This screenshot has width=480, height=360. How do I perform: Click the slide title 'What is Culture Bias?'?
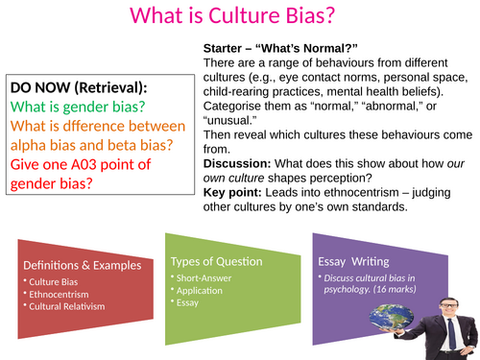[239, 16]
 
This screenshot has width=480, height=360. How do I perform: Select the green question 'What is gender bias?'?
[76, 107]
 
